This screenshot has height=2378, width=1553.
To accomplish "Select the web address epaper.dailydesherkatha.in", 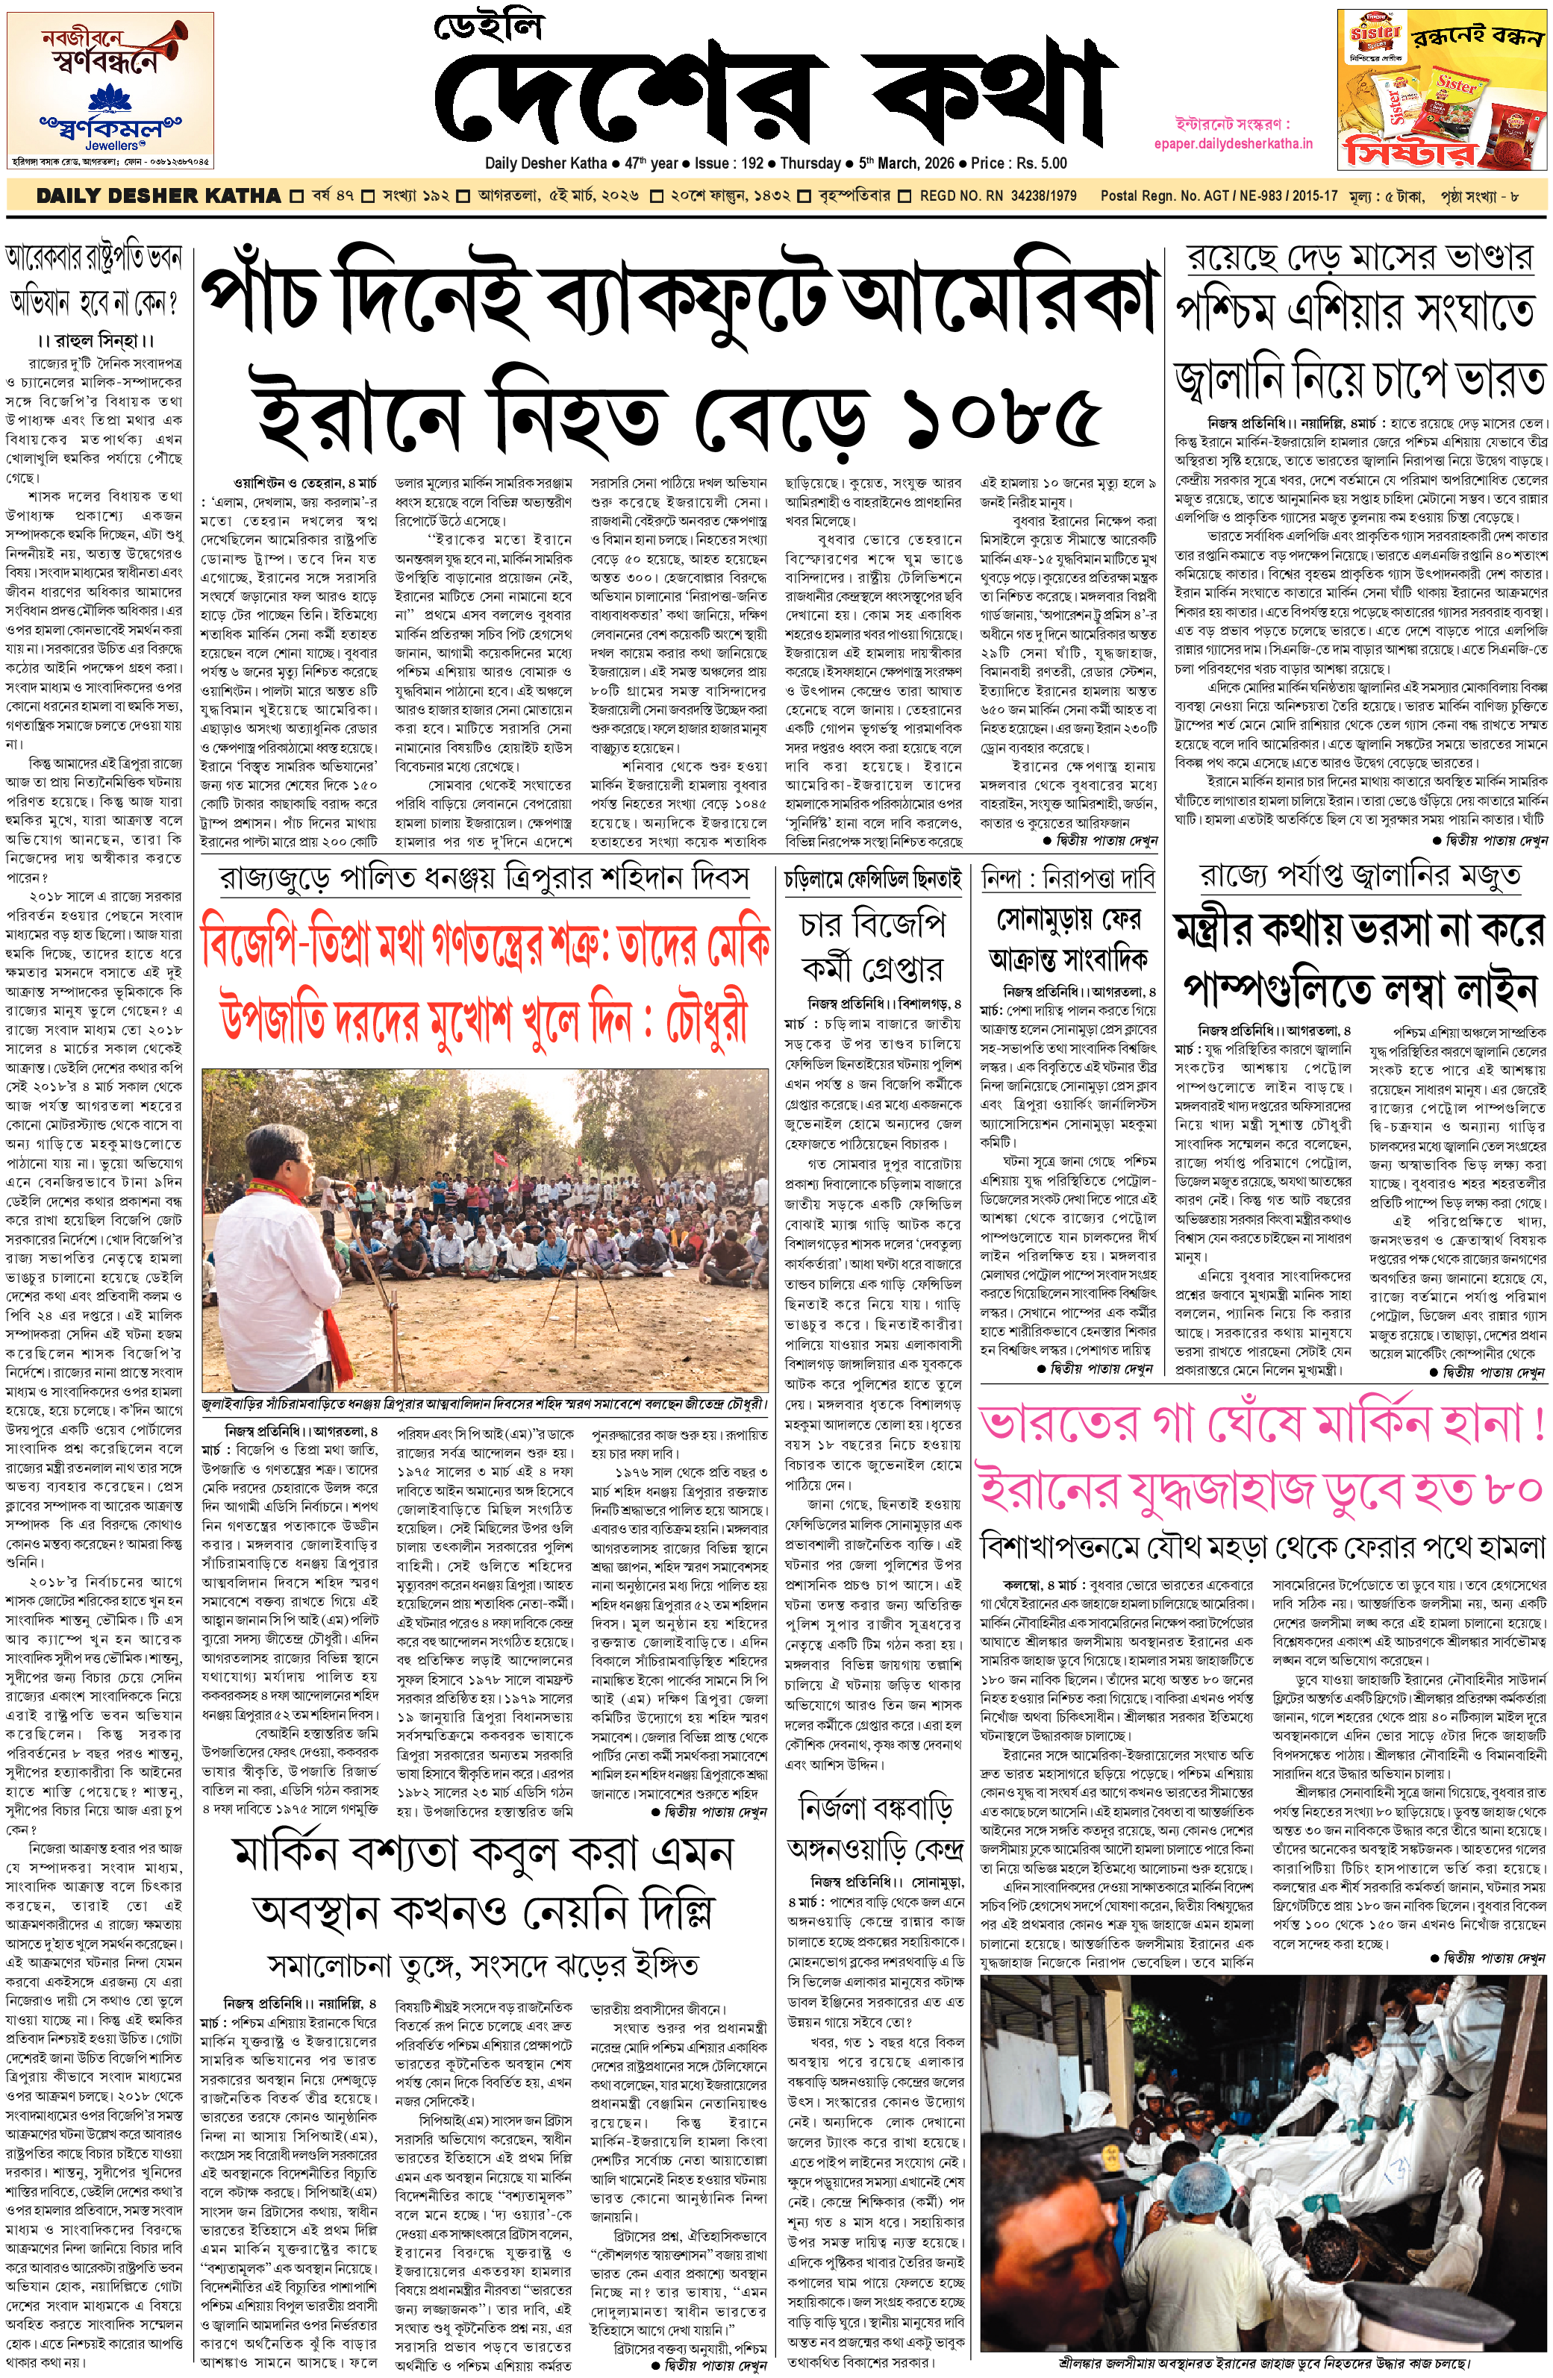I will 1231,144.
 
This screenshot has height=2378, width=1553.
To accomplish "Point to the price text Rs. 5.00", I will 1034,163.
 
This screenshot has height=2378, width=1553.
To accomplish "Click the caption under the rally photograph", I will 484,1403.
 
